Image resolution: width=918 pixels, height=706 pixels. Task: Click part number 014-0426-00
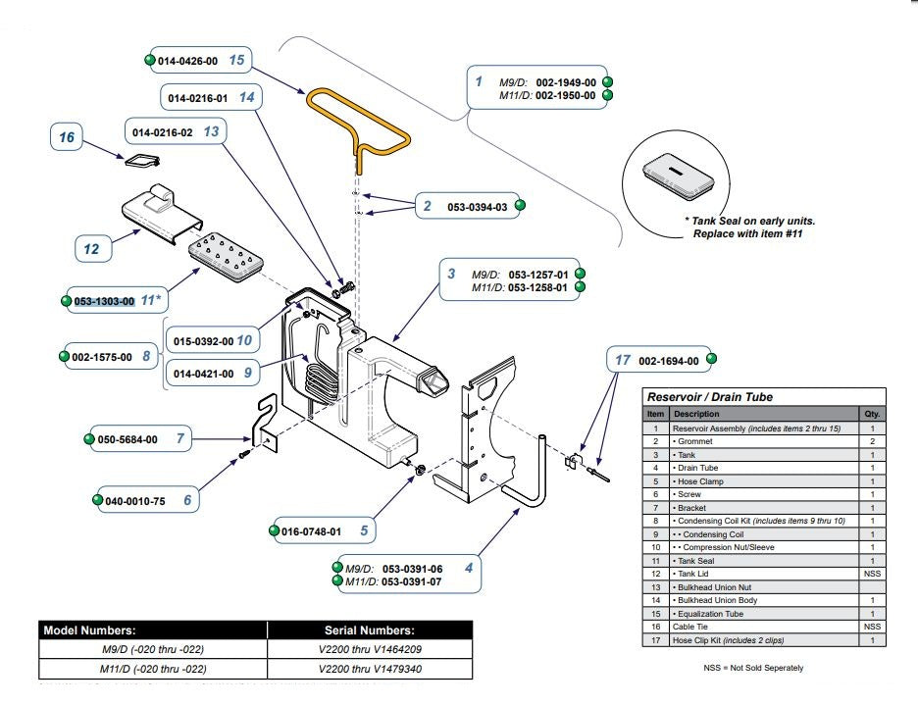[x=187, y=61]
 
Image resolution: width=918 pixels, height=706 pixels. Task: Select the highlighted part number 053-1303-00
[x=104, y=301]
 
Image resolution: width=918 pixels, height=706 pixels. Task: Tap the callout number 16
[x=66, y=137]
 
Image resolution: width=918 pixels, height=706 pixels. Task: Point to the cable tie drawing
[x=142, y=160]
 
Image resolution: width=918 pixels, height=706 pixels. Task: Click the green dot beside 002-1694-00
[x=711, y=359]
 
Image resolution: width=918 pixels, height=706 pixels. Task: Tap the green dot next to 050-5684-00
[x=89, y=439]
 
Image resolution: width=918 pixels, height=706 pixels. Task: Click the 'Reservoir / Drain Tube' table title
[x=709, y=397]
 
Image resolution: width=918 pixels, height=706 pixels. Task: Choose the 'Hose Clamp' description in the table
[x=700, y=481]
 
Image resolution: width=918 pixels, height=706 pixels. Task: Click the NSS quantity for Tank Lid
[x=872, y=574]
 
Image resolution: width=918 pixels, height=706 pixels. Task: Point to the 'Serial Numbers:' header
[x=370, y=630]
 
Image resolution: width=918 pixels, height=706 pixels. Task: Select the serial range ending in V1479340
[x=370, y=669]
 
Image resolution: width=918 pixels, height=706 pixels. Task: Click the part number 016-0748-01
[x=311, y=531]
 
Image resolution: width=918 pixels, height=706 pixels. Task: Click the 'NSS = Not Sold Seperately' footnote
[x=753, y=668]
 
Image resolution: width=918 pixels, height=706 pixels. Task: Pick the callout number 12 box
[x=92, y=249]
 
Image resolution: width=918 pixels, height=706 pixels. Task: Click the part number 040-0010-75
[x=134, y=501]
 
